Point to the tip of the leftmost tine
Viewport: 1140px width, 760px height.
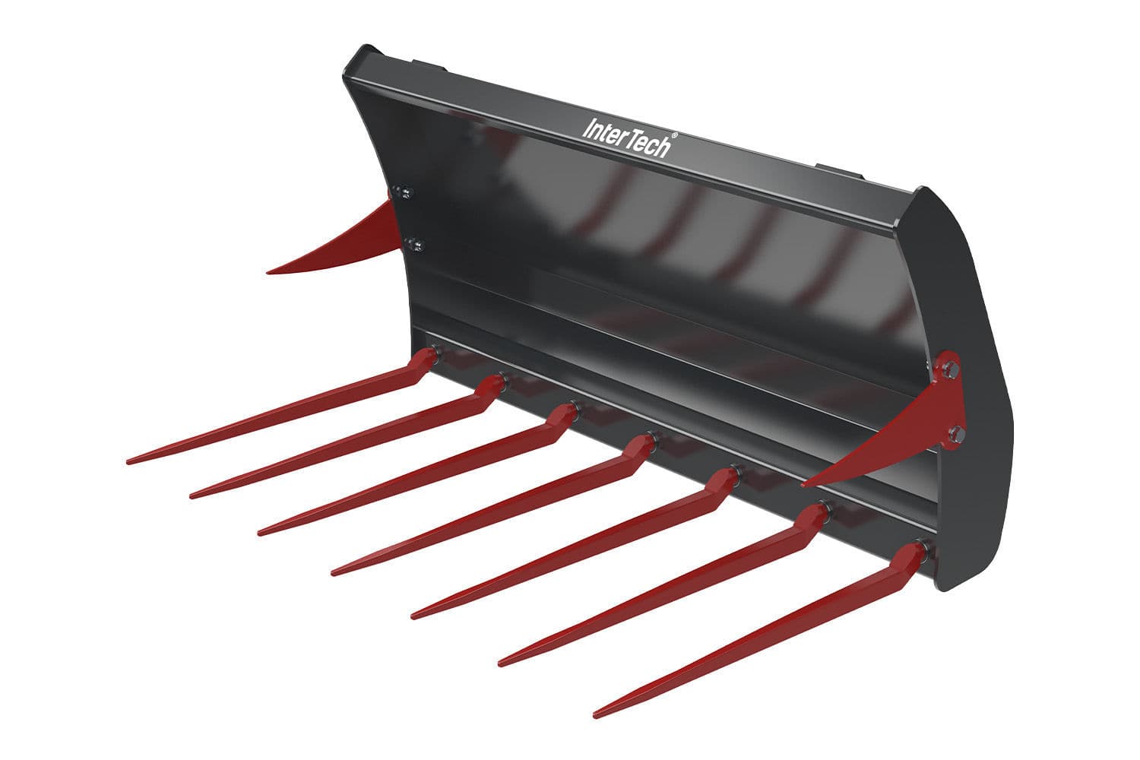(x=129, y=461)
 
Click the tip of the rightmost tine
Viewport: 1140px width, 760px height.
(x=596, y=715)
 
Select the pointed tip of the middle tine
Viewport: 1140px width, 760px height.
(x=334, y=572)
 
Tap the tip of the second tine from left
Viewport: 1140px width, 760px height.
(x=192, y=496)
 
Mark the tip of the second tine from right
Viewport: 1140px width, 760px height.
(x=501, y=664)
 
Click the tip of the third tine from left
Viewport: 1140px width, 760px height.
(x=261, y=533)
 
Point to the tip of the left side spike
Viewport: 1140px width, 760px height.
(x=268, y=271)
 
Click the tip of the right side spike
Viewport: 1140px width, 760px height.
(x=804, y=484)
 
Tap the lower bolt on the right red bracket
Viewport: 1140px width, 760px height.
(x=955, y=434)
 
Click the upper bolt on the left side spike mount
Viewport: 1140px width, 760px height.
(x=407, y=192)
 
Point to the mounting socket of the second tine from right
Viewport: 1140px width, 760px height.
(x=822, y=509)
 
